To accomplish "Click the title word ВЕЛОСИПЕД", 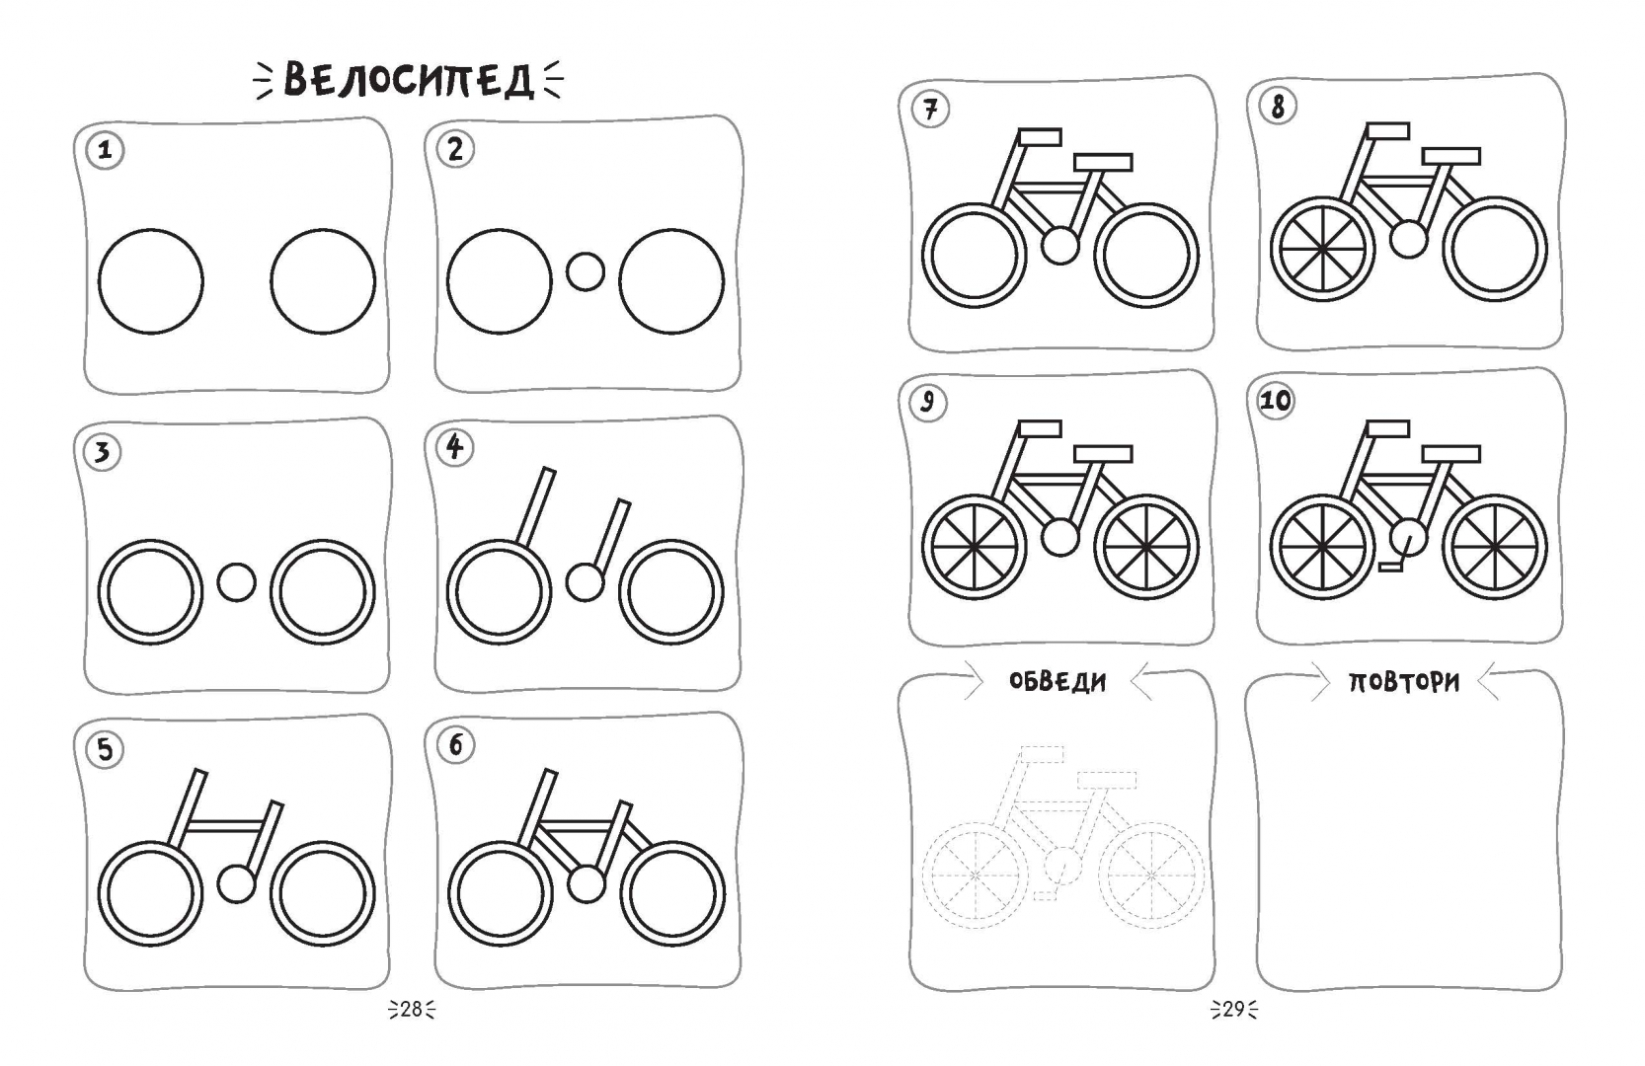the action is (x=409, y=79).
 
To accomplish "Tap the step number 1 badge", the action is (x=105, y=150).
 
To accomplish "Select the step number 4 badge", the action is (x=454, y=447).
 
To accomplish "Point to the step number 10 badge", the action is (x=1275, y=401).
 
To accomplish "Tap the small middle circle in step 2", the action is (x=586, y=271).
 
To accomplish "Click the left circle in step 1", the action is (x=150, y=281).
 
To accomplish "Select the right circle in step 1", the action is (x=323, y=281).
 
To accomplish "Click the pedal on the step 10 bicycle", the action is (x=1391, y=566).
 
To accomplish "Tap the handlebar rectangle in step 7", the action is (x=1040, y=137).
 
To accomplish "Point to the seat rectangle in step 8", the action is (x=1451, y=156).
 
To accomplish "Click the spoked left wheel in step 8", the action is (x=1322, y=249).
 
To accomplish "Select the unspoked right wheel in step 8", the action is (x=1495, y=249).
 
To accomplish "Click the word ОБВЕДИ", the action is (x=1057, y=682).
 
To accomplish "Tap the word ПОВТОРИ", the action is (x=1404, y=682).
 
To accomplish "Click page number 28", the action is (x=411, y=1010).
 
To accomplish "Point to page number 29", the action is (x=1234, y=1010).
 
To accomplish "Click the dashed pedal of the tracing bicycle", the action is (x=1045, y=895).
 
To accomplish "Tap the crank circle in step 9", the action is (x=1059, y=537).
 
